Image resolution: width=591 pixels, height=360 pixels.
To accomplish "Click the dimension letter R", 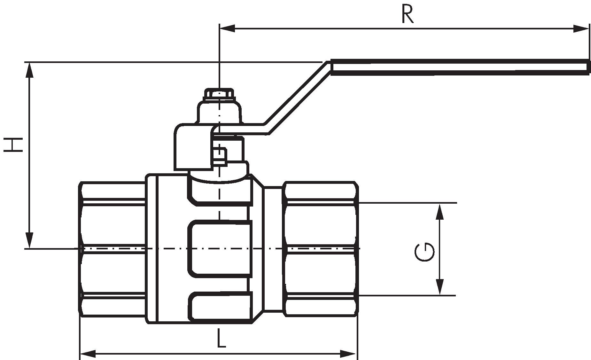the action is pyautogui.click(x=408, y=15).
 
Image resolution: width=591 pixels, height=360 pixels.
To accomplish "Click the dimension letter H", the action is pyautogui.click(x=13, y=145).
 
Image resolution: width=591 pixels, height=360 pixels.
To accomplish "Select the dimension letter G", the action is pyautogui.click(x=424, y=252).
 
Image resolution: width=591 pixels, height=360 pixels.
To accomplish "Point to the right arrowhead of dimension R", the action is pyautogui.click(x=581, y=28).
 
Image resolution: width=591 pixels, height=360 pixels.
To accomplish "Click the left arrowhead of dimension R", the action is pyautogui.click(x=227, y=28).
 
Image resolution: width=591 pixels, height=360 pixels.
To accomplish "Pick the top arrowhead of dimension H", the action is pyautogui.click(x=29, y=70).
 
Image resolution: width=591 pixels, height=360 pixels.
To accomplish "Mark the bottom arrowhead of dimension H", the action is pyautogui.click(x=29, y=240).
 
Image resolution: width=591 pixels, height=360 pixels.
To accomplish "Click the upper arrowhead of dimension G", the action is pyautogui.click(x=440, y=211).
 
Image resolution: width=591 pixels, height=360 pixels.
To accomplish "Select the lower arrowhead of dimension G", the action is pyautogui.click(x=440, y=287).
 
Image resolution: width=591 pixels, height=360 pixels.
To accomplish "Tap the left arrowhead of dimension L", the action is pyautogui.click(x=88, y=354).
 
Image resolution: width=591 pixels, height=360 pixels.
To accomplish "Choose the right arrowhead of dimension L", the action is pyautogui.click(x=348, y=354).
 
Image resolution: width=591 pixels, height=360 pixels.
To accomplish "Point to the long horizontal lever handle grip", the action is pyautogui.click(x=460, y=67).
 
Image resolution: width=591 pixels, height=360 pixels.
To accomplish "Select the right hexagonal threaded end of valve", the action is pyautogui.click(x=320, y=249).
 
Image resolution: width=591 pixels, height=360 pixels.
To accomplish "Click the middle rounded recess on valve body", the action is pyautogui.click(x=220, y=248).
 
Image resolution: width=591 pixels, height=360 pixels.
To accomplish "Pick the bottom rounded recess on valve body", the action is pyautogui.click(x=220, y=306).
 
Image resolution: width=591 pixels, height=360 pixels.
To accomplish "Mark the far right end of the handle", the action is pyautogui.click(x=588, y=67).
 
